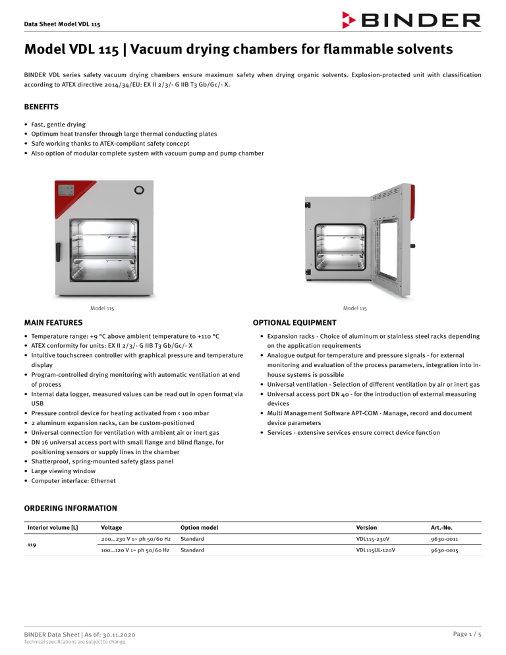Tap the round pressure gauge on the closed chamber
(139, 190)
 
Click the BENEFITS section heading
(42, 106)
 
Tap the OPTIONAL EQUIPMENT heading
(295, 323)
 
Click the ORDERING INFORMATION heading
(70, 508)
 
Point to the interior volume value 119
(31, 544)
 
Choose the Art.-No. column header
(442, 527)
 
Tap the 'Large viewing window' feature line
(61, 471)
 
